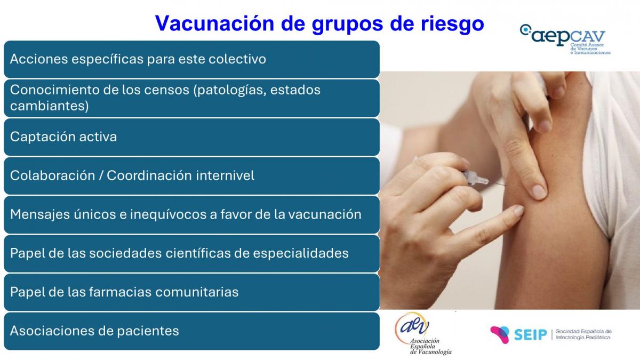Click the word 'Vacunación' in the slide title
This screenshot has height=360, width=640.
pos(214,23)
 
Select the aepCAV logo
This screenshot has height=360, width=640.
pos(565,39)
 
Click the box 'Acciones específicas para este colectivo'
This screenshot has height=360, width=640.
pos(191,59)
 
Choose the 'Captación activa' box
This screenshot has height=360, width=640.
pos(191,137)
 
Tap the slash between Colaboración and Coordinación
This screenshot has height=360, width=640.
pos(101,175)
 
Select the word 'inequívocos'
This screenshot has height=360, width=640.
pos(168,215)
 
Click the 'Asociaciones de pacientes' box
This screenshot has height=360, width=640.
pos(191,331)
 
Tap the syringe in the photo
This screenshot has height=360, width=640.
pos(457,174)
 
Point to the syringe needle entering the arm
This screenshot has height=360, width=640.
pos(497,183)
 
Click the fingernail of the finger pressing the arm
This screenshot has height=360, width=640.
pos(539,191)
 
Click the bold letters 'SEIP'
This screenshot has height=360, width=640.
pos(530,334)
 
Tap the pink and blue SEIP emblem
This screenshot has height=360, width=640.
pos(500,334)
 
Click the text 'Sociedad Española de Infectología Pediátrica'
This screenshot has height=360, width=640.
pos(583,334)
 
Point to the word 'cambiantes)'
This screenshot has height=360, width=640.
pos(50,106)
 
